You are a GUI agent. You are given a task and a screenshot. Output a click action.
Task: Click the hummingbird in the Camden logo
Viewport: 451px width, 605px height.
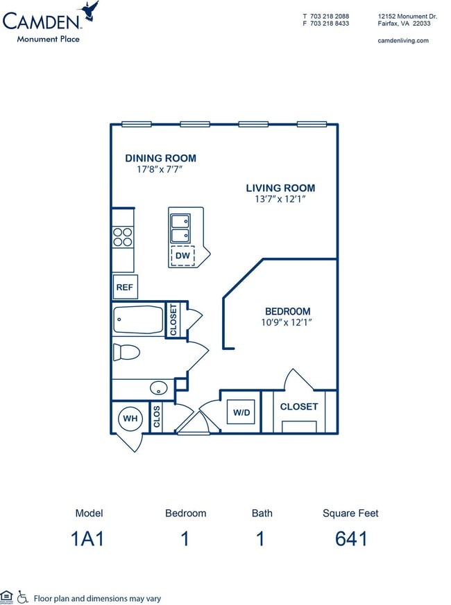pos(90,12)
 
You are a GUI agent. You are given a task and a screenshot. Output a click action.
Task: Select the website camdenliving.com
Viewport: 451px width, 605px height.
pos(402,41)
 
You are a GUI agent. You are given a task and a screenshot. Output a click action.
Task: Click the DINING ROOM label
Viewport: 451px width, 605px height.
pos(160,158)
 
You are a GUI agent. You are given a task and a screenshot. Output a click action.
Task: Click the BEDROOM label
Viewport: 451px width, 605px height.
pos(287,311)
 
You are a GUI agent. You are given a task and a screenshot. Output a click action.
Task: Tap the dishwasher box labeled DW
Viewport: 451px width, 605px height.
pos(182,256)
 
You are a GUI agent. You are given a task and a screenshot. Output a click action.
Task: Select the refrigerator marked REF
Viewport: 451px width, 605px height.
pos(124,287)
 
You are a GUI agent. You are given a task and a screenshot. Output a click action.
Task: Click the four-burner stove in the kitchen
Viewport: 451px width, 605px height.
pos(123,237)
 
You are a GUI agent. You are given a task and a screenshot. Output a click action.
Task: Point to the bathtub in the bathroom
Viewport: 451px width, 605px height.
pos(137,320)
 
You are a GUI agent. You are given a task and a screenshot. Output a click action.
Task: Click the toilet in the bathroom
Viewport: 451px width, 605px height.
pos(126,352)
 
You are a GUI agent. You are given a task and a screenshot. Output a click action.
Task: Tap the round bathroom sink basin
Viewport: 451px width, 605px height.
pos(159,388)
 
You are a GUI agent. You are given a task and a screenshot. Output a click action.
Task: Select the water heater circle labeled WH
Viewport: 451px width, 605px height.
pos(129,418)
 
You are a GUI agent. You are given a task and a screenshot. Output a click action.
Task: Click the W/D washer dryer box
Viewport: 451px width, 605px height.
pos(241,412)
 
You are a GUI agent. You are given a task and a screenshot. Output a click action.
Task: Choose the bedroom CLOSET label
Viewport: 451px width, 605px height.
pos(298,407)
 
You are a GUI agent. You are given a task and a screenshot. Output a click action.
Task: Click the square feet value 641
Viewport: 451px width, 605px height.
pos(350,538)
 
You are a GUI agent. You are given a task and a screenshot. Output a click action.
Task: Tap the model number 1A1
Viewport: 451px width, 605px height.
pos(89,538)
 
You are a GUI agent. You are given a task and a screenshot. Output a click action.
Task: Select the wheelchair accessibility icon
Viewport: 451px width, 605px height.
pos(22,596)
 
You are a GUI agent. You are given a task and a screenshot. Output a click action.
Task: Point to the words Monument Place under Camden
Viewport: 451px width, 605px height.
pos(49,39)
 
